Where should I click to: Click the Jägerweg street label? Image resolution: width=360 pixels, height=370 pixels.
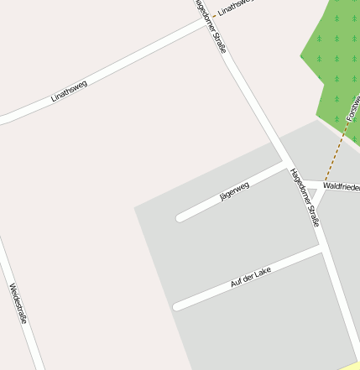tap(234, 191)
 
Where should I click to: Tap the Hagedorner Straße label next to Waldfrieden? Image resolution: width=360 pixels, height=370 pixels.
tap(305, 198)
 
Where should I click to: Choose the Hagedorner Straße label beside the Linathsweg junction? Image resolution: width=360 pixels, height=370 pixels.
tap(211, 28)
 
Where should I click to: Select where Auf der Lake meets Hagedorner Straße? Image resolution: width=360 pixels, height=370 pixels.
tap(323, 249)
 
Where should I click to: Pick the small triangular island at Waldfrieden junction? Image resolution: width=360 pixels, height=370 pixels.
tap(314, 195)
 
